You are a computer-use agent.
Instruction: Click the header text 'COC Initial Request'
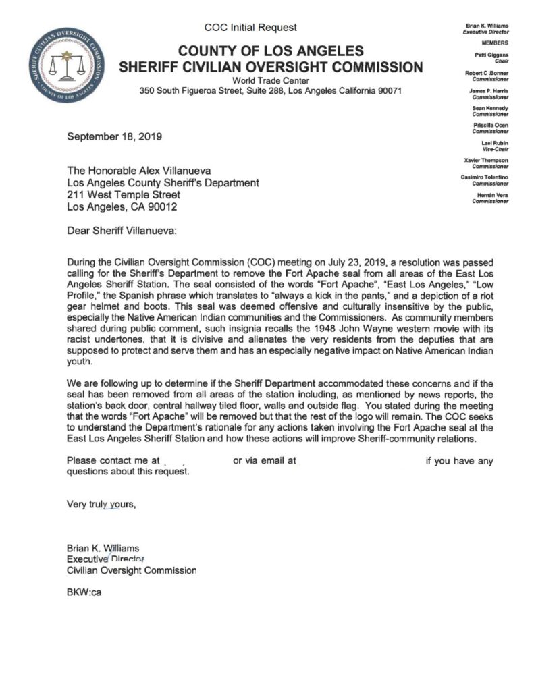tap(250, 28)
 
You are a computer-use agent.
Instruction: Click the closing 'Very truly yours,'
tap(101, 502)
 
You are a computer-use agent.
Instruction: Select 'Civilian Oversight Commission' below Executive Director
tap(132, 570)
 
